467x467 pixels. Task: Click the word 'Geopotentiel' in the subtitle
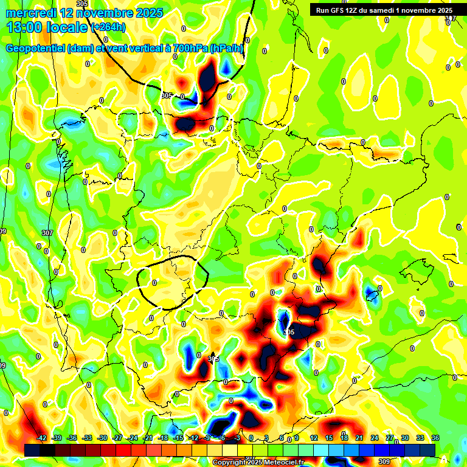point(36,49)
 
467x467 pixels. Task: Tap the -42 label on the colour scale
point(42,438)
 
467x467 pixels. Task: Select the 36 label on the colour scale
point(435,438)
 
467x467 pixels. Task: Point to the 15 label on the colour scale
point(328,438)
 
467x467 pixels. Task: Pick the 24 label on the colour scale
point(374,438)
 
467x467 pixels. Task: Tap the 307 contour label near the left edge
point(47,233)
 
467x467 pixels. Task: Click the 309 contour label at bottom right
point(384,462)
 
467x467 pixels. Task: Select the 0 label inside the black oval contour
point(154,283)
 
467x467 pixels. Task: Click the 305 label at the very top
point(82,4)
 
